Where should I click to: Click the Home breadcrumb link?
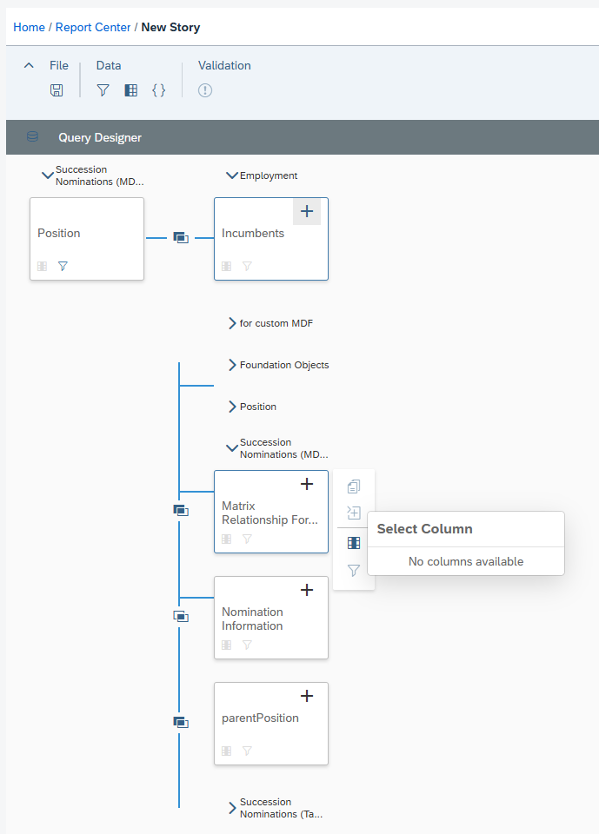point(29,27)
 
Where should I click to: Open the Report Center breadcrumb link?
point(93,27)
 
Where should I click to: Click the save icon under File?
point(57,90)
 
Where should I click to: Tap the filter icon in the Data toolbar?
point(103,90)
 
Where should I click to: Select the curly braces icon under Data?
point(159,90)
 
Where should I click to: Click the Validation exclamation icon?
point(205,90)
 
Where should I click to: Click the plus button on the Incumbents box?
point(307,211)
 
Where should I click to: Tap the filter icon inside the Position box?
point(63,266)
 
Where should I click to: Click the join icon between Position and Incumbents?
point(181,238)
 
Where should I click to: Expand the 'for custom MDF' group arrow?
point(232,323)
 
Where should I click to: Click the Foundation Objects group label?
point(284,365)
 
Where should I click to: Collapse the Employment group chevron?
point(231,175)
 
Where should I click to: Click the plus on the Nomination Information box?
point(307,590)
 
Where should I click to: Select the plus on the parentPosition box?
point(307,696)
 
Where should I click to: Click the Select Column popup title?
point(425,529)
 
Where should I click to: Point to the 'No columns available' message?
point(466,561)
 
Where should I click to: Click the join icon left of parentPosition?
point(181,722)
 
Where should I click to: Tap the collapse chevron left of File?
point(29,65)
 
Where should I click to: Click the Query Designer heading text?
point(100,137)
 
